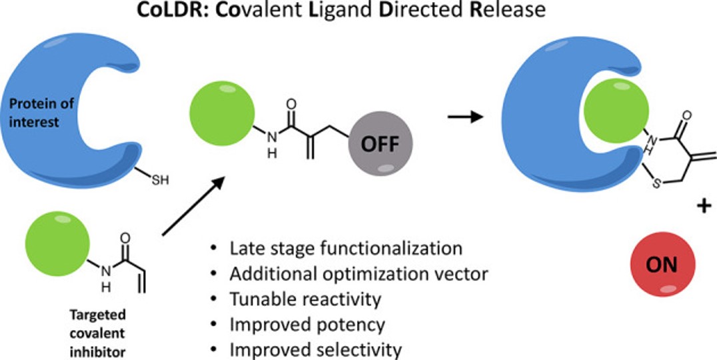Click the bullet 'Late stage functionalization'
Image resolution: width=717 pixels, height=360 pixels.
pos(345,249)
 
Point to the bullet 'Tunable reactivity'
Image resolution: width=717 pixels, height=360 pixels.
pos(305,299)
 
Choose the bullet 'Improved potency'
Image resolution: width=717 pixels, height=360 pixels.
pos(307,325)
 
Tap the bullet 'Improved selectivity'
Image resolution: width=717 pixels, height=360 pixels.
pos(315,349)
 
